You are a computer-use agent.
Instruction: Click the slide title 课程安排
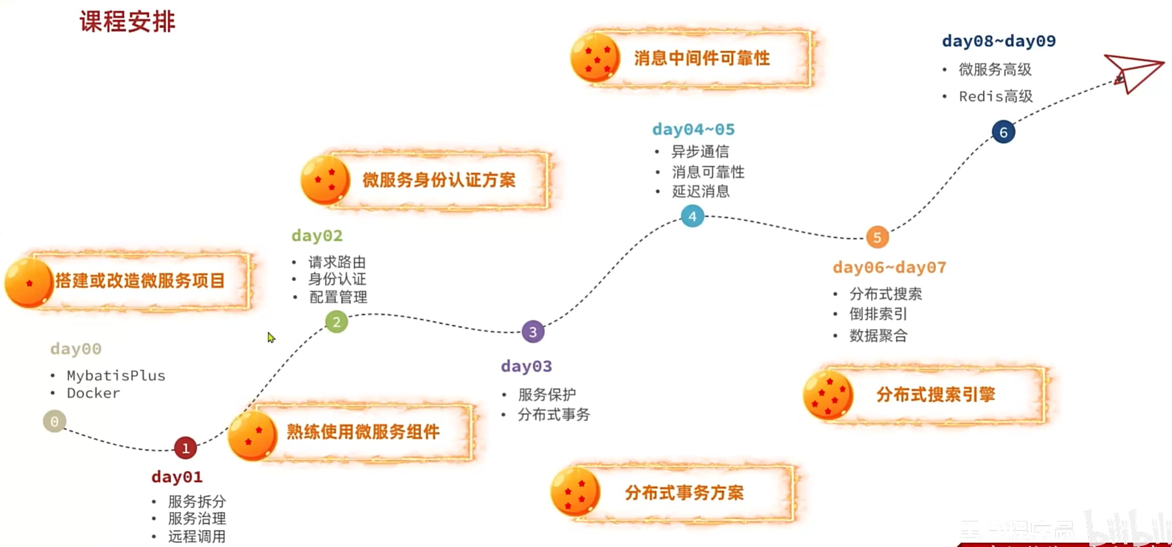pos(127,21)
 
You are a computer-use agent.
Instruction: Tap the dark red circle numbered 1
pos(185,448)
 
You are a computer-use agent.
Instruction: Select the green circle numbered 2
pos(336,322)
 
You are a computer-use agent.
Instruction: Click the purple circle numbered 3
pos(533,332)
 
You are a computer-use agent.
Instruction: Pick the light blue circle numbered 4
pos(692,216)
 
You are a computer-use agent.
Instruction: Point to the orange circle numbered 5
pos(877,237)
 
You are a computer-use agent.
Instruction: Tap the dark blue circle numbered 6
pos(1003,132)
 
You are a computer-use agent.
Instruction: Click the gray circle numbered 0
pos(55,421)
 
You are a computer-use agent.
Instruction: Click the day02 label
pos(317,236)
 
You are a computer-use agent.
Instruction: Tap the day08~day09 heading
pos(999,41)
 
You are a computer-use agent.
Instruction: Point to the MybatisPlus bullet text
pos(116,376)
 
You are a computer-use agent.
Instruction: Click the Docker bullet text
pos(93,393)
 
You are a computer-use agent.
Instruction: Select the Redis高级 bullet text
pos(995,96)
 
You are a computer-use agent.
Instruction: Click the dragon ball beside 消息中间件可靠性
pos(595,58)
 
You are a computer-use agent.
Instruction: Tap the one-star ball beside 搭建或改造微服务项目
pos(29,282)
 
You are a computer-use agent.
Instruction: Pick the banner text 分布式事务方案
pos(684,492)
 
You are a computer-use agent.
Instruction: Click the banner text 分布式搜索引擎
pos(936,395)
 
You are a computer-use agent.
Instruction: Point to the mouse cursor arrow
pos(271,337)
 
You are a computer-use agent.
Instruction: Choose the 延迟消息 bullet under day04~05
pos(700,191)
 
